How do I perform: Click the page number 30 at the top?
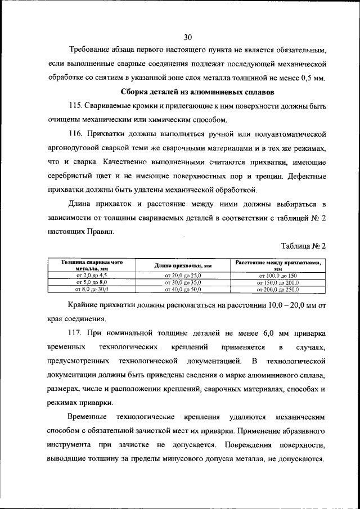pos(188,38)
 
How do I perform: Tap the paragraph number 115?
pos(75,106)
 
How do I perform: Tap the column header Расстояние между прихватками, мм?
pos(277,265)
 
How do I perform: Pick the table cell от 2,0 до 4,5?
pos(92,276)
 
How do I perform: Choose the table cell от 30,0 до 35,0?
pos(183,282)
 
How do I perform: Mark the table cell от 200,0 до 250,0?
pos(277,289)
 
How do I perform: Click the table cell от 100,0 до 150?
pos(277,276)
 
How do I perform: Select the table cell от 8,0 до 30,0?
pos(92,289)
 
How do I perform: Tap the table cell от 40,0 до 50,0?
pos(183,289)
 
